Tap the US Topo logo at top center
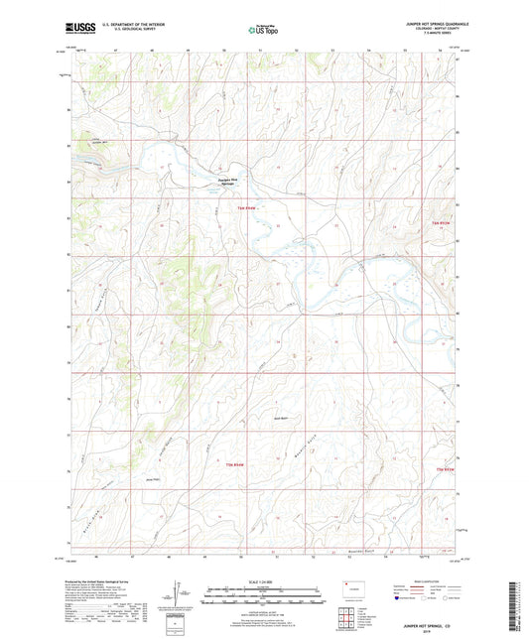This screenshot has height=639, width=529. [x=262, y=31]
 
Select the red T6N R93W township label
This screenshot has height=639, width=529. [x=443, y=224]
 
